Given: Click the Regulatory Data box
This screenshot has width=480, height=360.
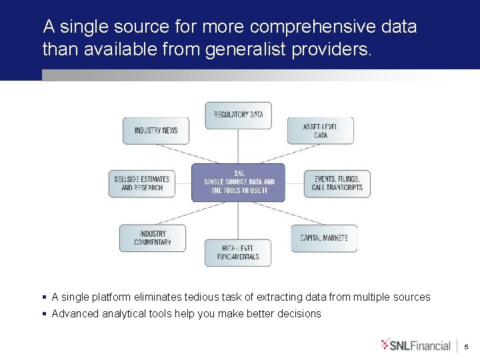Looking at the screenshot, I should click(238, 115).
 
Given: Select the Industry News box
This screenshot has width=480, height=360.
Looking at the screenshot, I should click(156, 131).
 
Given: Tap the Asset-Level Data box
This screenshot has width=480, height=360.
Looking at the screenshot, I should click(320, 131).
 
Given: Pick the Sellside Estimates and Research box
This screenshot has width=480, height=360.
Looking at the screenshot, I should click(141, 183).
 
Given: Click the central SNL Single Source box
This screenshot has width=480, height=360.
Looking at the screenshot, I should click(238, 182).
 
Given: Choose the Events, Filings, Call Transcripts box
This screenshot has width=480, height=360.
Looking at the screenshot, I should click(337, 183).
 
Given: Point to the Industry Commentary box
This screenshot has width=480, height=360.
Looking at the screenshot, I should click(153, 238).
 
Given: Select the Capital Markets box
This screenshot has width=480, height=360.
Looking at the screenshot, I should click(323, 238).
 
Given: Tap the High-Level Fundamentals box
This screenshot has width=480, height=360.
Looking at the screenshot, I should click(238, 253).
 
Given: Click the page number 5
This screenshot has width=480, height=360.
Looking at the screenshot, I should click(467, 347).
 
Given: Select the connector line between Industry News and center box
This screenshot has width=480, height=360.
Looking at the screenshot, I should click(175, 153).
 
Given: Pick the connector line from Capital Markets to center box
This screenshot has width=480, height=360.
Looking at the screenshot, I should click(289, 214).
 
